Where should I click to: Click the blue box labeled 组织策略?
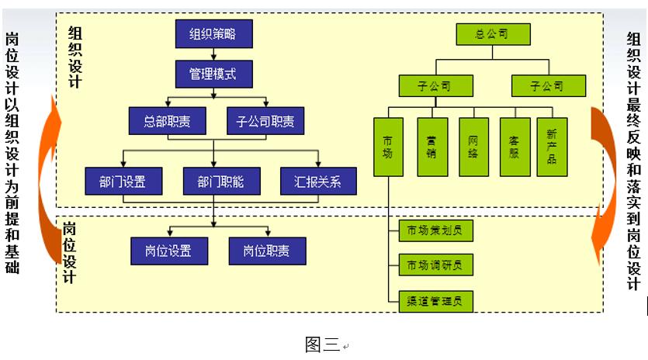tap(215, 33)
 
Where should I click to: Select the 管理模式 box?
tap(215, 74)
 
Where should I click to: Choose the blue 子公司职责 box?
tap(265, 121)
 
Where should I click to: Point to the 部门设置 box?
tap(125, 182)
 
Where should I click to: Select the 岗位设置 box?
tap(169, 251)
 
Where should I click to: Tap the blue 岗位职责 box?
tap(267, 251)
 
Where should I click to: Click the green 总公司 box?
tap(492, 34)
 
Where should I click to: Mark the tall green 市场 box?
tap(388, 147)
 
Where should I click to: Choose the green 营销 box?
tap(431, 147)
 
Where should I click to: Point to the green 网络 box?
tap(473, 147)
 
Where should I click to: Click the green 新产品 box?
tap(552, 147)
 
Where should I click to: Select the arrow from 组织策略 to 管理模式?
tap(215, 54)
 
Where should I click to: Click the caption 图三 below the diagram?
tap(322, 344)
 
